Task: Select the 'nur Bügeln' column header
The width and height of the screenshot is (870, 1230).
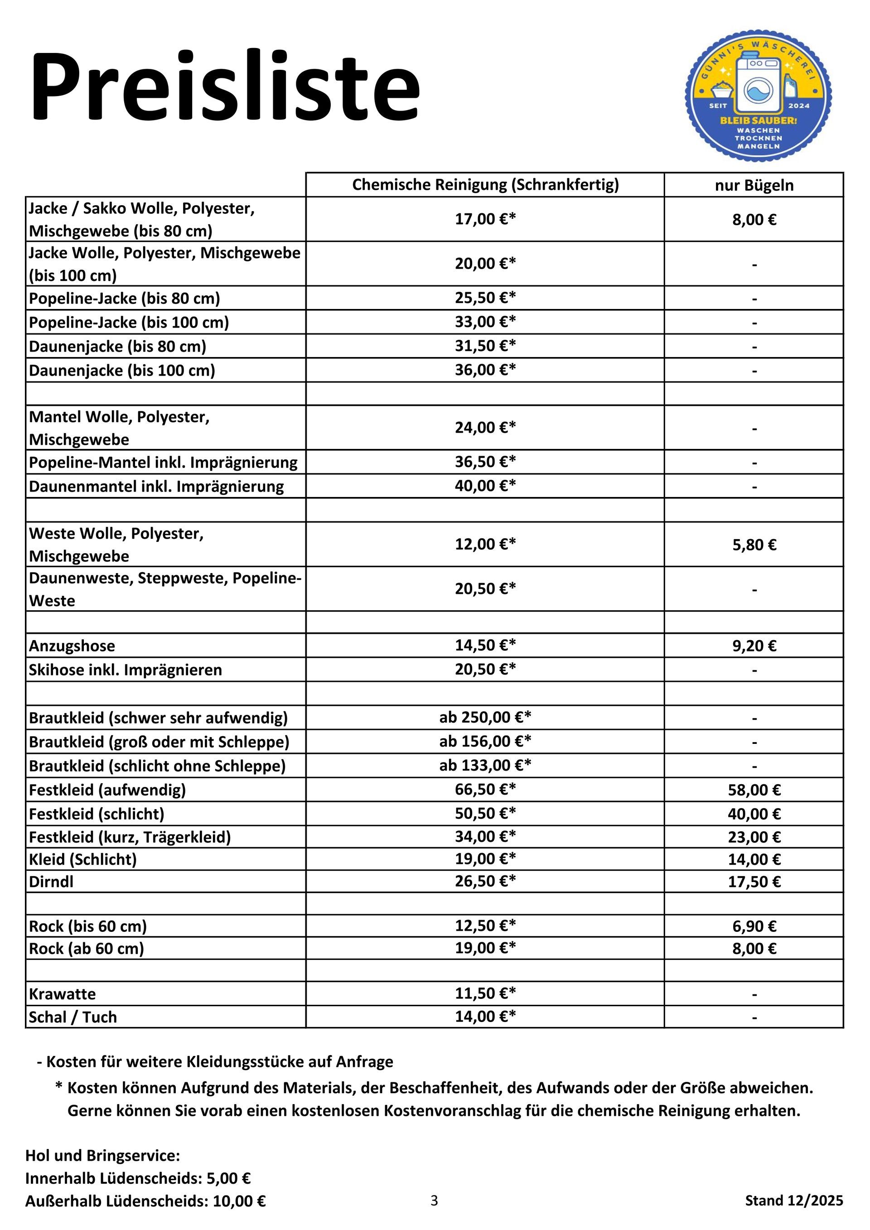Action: click(754, 185)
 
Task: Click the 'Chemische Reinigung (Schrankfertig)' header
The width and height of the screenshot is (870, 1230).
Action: click(485, 185)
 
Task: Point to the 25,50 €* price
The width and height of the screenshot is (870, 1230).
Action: click(485, 298)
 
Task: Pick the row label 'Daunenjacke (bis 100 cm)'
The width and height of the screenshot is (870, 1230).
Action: click(122, 370)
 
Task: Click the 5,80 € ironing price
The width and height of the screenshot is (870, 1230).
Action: click(754, 545)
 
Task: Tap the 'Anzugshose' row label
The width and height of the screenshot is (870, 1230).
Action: click(72, 646)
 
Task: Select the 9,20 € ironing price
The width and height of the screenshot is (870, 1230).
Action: click(754, 646)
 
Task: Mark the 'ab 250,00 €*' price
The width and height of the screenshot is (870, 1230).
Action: click(485, 717)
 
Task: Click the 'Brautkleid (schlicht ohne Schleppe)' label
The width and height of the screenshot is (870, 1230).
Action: click(157, 766)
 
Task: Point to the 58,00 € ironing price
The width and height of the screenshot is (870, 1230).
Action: click(754, 790)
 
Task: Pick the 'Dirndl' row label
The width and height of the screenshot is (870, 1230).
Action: click(51, 882)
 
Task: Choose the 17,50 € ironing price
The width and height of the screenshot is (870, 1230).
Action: click(754, 882)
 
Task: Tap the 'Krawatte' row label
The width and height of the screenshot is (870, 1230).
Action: click(62, 994)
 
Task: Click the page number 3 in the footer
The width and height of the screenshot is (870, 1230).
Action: click(434, 1201)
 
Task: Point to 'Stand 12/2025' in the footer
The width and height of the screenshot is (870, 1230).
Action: click(793, 1201)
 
